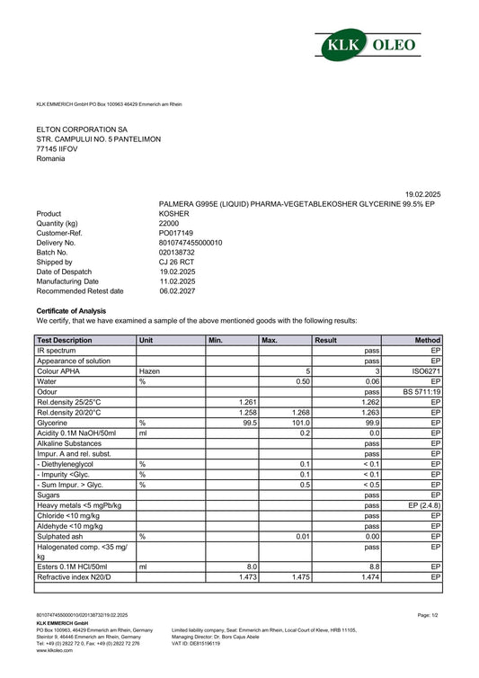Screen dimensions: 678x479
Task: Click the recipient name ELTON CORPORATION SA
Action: click(x=82, y=129)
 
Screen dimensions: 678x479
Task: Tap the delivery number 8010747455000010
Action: click(x=191, y=243)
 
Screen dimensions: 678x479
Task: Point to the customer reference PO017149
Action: click(x=176, y=233)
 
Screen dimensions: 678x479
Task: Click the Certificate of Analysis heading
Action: click(x=71, y=310)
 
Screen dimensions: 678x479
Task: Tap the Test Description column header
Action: click(x=65, y=341)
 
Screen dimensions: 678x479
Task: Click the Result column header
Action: click(x=325, y=341)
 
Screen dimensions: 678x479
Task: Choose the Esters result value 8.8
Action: click(x=374, y=566)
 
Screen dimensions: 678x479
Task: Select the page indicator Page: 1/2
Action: click(x=428, y=615)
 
